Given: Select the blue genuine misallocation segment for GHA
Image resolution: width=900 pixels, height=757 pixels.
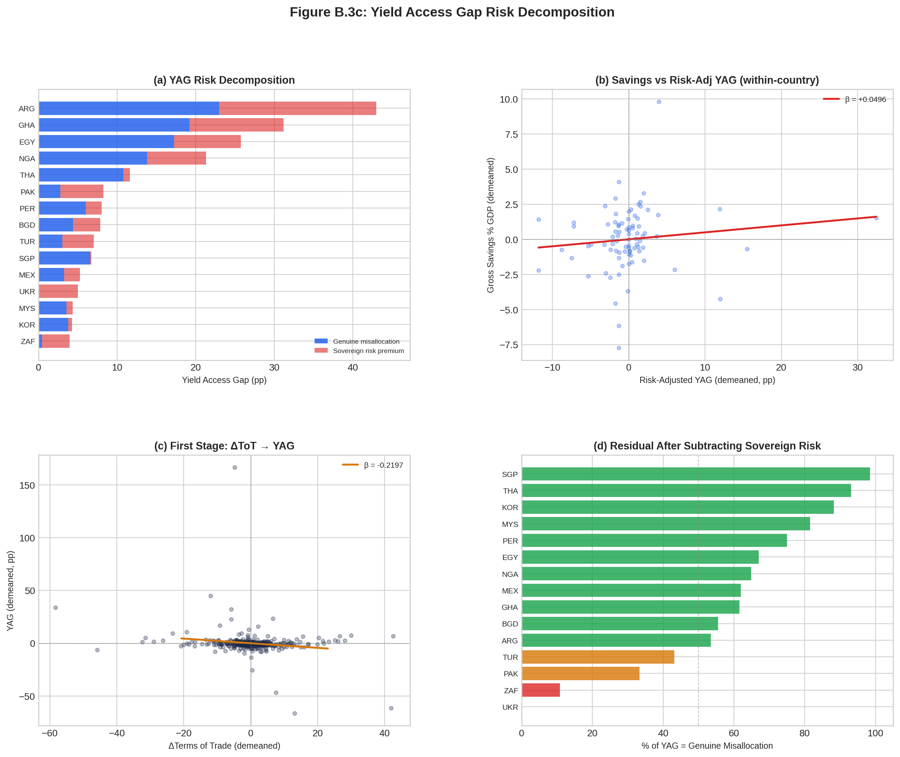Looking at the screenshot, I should (x=114, y=125).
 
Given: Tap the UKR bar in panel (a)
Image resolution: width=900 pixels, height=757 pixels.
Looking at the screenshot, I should (x=58, y=291).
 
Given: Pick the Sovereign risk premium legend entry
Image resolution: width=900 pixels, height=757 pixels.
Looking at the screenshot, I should (x=368, y=351).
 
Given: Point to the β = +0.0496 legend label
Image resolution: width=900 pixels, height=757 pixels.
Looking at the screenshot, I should (x=865, y=100).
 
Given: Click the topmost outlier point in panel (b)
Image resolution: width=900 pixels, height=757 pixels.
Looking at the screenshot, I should (x=659, y=102).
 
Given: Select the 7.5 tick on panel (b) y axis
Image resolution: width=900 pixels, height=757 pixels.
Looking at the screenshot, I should (x=509, y=134).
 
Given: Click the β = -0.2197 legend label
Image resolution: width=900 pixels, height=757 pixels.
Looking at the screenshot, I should (x=383, y=465).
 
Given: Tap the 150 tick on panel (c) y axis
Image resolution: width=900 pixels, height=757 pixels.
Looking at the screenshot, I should (x=27, y=485).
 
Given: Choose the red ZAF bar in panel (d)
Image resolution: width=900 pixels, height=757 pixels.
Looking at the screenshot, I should (x=541, y=690).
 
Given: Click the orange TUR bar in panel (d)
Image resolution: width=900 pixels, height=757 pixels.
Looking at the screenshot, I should (x=598, y=657).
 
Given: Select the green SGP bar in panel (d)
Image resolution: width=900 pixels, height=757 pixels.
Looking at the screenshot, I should (x=696, y=474).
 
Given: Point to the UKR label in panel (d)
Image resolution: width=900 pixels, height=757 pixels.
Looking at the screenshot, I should (x=510, y=707).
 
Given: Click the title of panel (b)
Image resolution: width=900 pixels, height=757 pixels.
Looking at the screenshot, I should (x=707, y=80).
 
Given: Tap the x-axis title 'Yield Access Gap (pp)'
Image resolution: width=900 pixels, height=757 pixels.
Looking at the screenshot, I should (x=224, y=380).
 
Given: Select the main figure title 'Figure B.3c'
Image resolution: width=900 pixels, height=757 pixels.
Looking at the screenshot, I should (x=452, y=12).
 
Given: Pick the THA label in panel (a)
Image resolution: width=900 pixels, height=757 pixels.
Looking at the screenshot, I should (x=28, y=175).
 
